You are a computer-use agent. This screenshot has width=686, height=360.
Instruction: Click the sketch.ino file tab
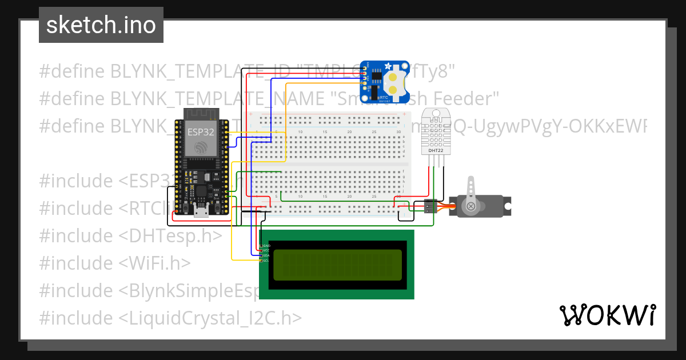[x=101, y=25]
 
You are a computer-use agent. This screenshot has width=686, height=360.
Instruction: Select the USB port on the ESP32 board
[x=201, y=212]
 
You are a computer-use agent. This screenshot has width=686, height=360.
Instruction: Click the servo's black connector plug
[x=430, y=206]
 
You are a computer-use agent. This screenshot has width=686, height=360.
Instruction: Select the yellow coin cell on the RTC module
[x=394, y=81]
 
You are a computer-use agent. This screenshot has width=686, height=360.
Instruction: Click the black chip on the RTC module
[x=376, y=74]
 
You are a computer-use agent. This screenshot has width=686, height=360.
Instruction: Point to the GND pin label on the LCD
[x=266, y=245]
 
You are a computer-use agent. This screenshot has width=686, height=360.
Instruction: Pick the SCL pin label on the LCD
[x=266, y=261]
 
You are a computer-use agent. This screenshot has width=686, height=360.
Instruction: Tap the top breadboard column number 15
[x=325, y=133]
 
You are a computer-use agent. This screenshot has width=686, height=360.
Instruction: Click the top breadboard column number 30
[x=398, y=133]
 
